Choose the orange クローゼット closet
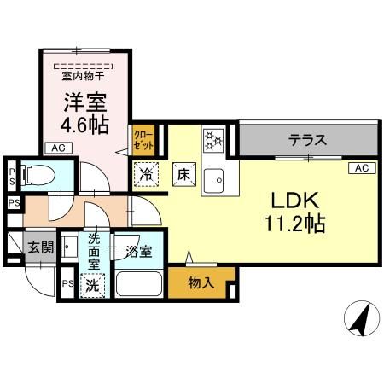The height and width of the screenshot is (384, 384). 143,140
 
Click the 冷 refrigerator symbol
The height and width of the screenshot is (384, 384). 145,172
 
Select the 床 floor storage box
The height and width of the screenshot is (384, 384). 183,172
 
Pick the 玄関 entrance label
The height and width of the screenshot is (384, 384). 39,248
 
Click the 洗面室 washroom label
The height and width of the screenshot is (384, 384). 93,252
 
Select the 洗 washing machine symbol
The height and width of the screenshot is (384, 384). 91,285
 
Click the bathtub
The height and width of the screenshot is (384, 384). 139,284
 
